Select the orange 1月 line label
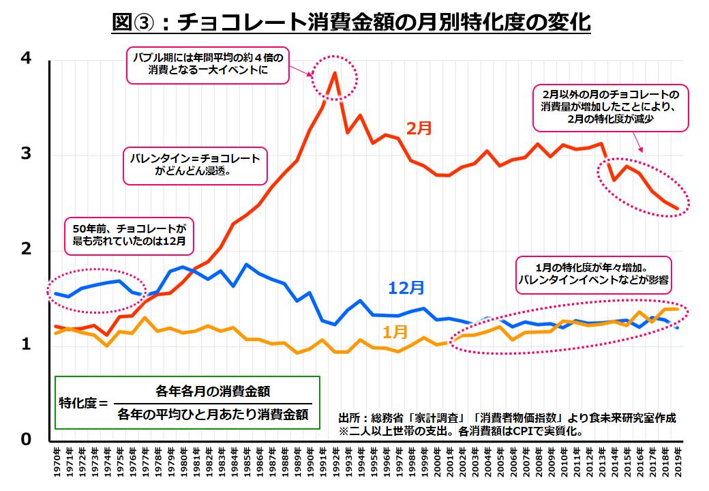coord(395,332)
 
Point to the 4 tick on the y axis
coord(27,60)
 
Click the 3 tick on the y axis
coord(27,154)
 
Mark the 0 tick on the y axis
coord(27,440)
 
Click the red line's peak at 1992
coord(334,73)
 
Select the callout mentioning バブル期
coord(209,64)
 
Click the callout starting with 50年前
coord(130,233)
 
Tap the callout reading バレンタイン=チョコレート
coord(195,165)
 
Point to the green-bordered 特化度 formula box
coord(187,402)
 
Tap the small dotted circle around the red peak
coord(334,76)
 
